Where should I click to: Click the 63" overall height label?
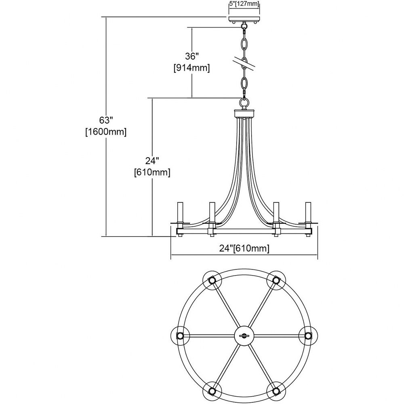pyautogui.click(x=106, y=120)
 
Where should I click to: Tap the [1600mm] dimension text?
pyautogui.click(x=106, y=132)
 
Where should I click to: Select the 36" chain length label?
pyautogui.click(x=192, y=57)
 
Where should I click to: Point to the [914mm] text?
pyautogui.click(x=191, y=68)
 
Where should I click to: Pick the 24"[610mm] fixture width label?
pyautogui.click(x=244, y=248)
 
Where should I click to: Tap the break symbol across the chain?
pyautogui.click(x=244, y=63)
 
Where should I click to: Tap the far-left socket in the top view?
pyautogui.click(x=180, y=336)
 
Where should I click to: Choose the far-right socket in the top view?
pyautogui.click(x=308, y=336)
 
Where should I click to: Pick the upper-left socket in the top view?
pyautogui.click(x=212, y=280)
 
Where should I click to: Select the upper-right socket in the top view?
pyautogui.click(x=276, y=280)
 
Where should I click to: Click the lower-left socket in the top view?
pyautogui.click(x=212, y=391)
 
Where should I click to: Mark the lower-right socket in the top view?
pyautogui.click(x=276, y=391)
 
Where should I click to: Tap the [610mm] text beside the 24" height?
pyautogui.click(x=152, y=172)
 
